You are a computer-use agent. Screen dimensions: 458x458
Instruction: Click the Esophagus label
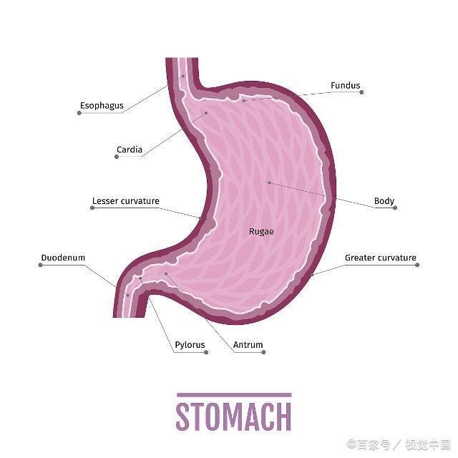point(102,106)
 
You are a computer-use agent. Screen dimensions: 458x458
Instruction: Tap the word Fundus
point(345,86)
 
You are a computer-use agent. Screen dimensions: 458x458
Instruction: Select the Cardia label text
point(130,150)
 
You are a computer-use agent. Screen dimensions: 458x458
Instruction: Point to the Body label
point(384,201)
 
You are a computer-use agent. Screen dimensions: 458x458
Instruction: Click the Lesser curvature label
point(126,201)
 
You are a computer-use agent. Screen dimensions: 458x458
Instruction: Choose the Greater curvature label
point(380,258)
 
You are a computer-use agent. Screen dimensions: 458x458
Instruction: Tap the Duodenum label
point(63,258)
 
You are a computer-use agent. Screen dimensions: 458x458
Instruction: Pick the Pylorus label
point(190,345)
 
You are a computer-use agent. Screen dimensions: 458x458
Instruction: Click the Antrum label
point(248,345)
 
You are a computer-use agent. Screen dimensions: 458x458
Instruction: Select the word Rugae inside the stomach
point(261,232)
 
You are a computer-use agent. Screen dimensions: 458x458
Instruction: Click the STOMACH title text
point(233,416)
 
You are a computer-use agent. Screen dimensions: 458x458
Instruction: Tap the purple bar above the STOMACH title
point(234,395)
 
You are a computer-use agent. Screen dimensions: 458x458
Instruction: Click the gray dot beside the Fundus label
point(361,92)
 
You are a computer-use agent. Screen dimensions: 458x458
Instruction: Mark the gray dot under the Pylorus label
point(206,352)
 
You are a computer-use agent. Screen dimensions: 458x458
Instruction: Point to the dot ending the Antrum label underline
point(263,352)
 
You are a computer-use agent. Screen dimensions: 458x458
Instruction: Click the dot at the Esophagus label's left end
point(79,113)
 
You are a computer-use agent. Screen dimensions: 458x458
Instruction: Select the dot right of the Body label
point(395,208)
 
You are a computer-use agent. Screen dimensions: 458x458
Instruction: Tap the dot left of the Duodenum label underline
point(41,265)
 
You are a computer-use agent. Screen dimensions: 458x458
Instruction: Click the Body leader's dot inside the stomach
point(269,183)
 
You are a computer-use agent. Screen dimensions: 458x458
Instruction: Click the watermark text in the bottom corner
point(399,444)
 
